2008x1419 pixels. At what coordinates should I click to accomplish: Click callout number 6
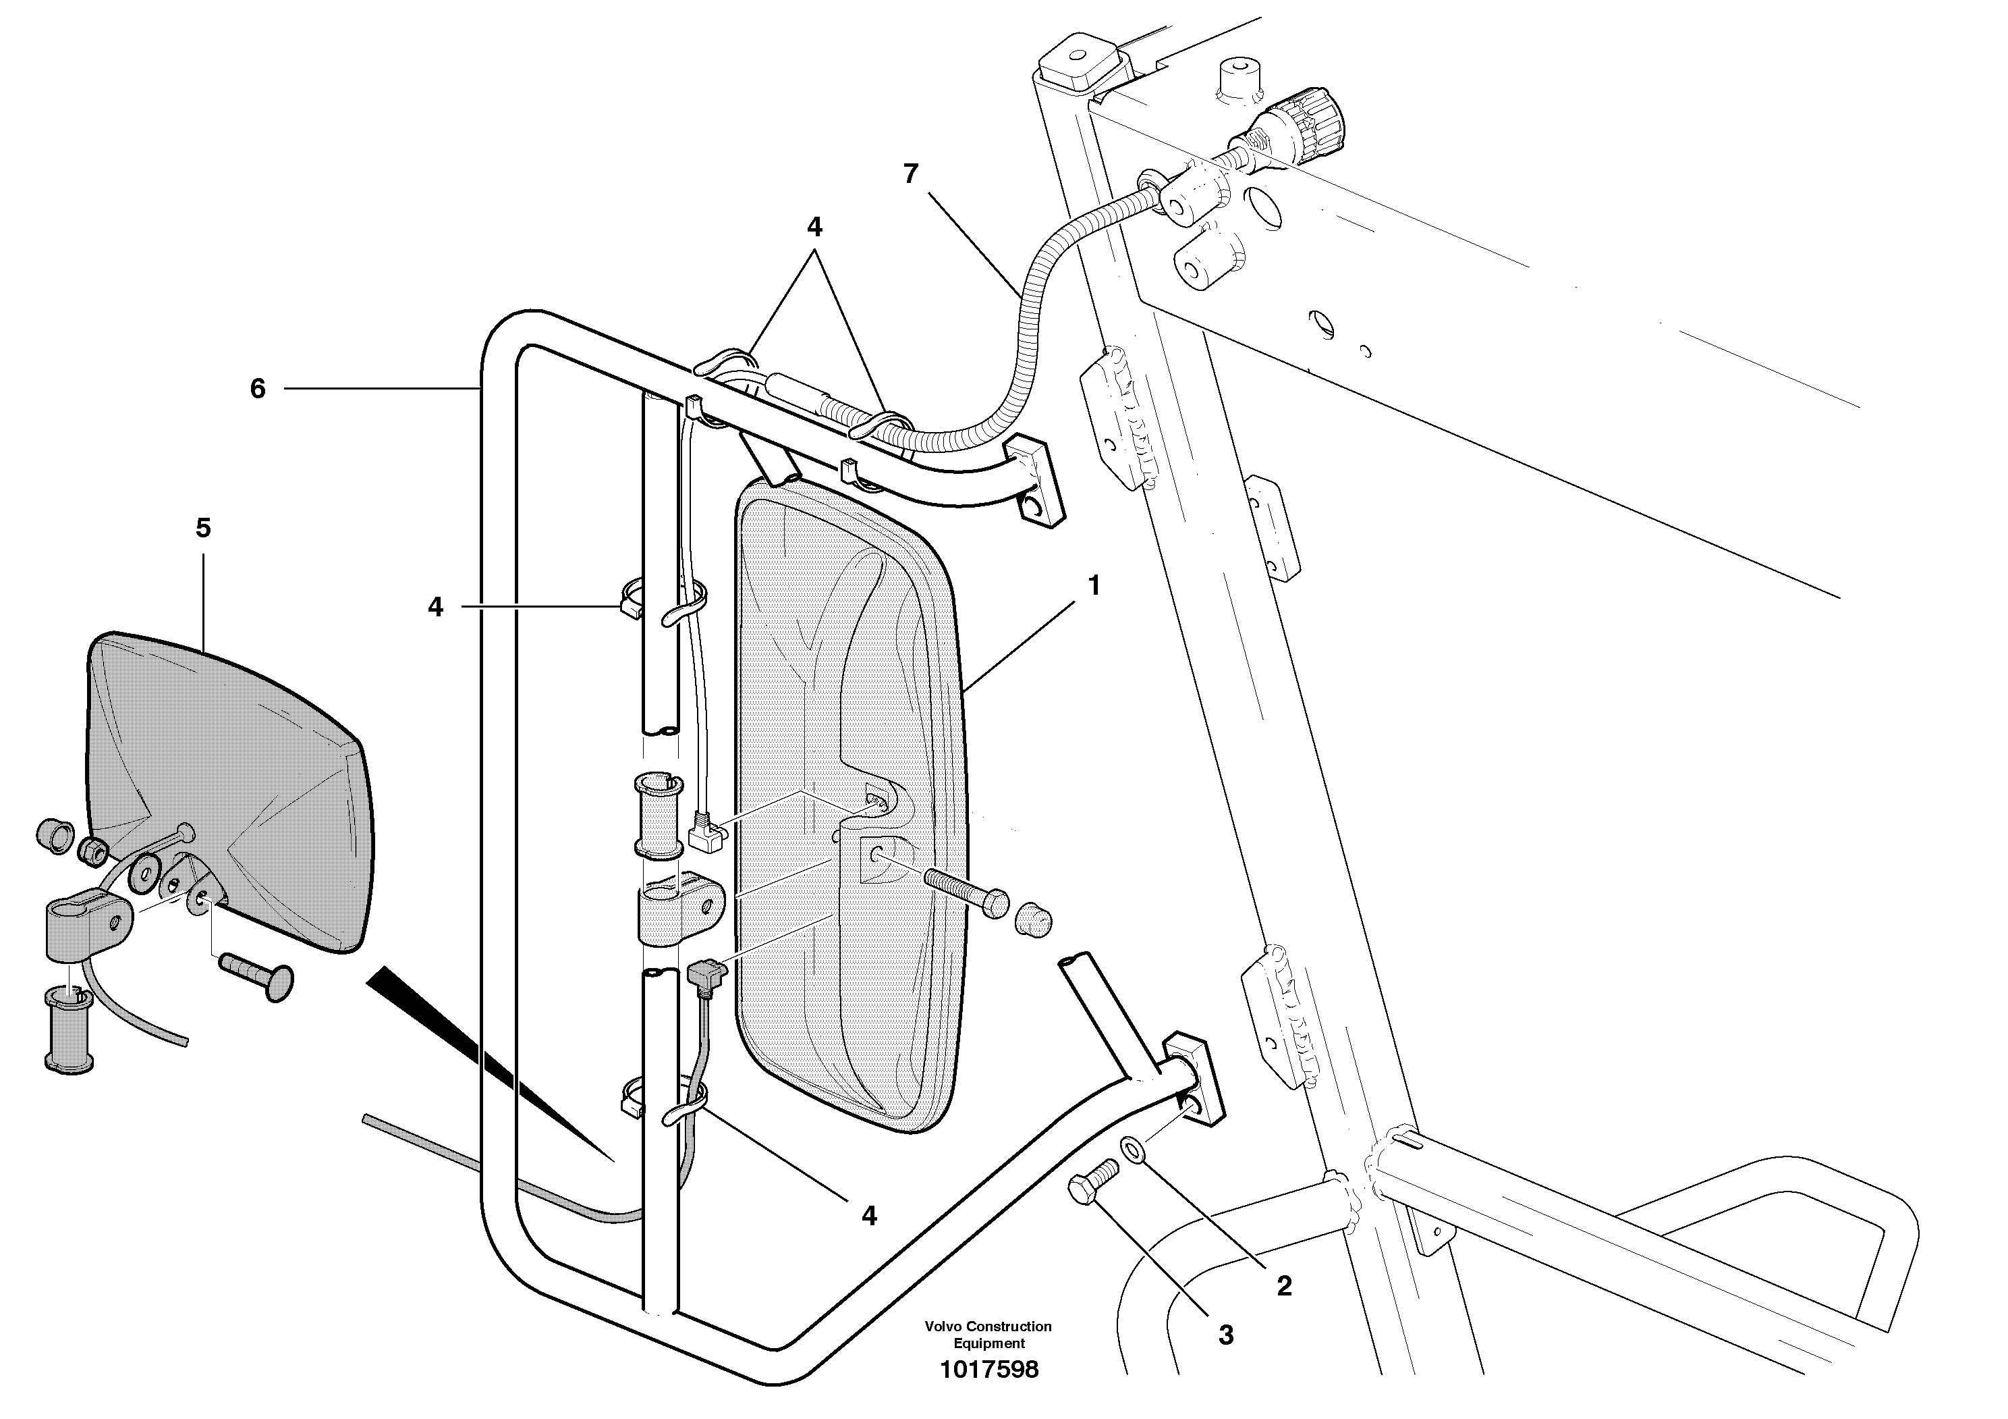tap(257, 388)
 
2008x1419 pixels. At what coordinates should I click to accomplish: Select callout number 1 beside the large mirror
tap(1092, 585)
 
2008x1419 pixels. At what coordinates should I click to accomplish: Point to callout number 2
tap(1283, 1285)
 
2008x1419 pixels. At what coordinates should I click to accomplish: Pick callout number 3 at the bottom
tap(1225, 1335)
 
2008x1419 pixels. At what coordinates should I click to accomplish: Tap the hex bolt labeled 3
tap(1092, 1181)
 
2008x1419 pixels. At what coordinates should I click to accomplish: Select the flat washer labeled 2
tap(1133, 1149)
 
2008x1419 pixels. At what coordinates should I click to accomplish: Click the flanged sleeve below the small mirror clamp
tap(67, 1029)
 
